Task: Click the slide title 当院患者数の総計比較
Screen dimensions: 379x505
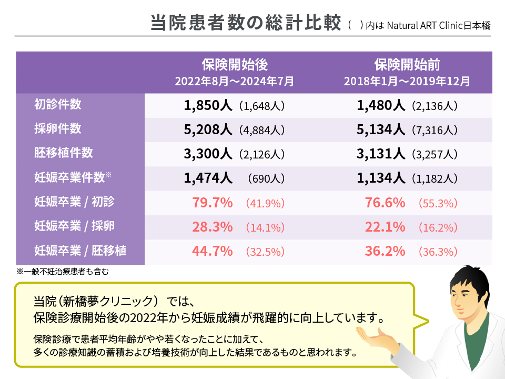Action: tap(246, 24)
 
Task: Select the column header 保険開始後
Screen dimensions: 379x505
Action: tap(235, 65)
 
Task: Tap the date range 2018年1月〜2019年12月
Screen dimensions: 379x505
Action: tap(407, 82)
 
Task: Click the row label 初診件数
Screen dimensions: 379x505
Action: tap(57, 104)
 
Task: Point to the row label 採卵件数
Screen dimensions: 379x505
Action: tap(57, 128)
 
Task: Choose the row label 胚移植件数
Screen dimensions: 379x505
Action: tap(63, 153)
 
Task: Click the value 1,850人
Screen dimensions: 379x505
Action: tap(208, 105)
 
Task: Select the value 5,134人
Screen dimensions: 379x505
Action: tap(380, 129)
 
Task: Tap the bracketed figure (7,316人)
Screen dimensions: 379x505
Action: tap(435, 130)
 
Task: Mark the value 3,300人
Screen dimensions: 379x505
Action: tap(208, 154)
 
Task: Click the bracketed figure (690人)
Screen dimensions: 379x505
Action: tap(266, 178)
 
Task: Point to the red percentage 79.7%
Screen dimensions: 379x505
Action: tap(213, 203)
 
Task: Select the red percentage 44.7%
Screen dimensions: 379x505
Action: tap(213, 251)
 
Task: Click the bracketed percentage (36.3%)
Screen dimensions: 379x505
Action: tap(438, 252)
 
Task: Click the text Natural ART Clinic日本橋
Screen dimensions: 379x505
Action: tap(439, 25)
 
